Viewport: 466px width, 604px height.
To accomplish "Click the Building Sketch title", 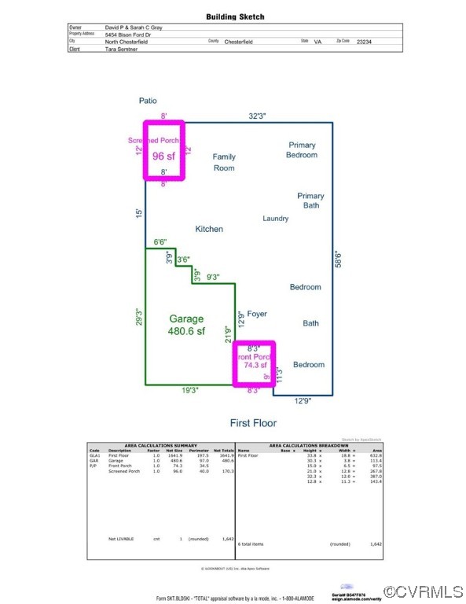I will pos(235,17).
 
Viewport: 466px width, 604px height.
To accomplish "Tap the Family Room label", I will pos(224,162).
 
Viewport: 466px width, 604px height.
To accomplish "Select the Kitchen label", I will pos(209,229).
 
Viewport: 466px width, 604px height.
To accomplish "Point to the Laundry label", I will pos(275,219).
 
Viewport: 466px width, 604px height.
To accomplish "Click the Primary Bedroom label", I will pos(303,149).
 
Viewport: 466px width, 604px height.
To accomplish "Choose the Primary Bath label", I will pos(310,201).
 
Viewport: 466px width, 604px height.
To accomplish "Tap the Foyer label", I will pos(257,314).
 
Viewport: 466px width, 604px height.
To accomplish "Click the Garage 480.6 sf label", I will pos(186,325).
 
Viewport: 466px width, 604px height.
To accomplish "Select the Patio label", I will pos(148,101).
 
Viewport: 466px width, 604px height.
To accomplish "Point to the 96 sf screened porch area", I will pos(163,155).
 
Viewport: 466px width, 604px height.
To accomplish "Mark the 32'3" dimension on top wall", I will pos(257,116).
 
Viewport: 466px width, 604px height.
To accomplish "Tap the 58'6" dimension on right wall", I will pos(338,260).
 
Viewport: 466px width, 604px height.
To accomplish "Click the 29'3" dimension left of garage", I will pos(138,318).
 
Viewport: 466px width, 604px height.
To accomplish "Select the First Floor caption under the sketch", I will pos(253,423).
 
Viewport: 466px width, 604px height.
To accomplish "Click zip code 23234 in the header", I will pos(364,41).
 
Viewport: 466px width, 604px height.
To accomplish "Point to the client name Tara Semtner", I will pos(121,49).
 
